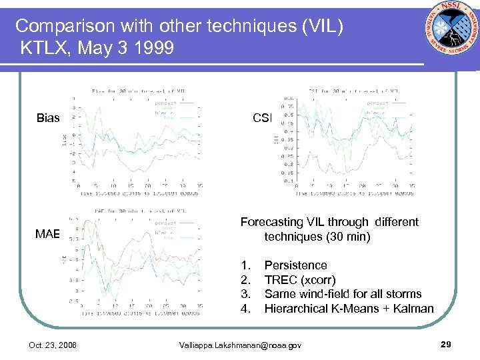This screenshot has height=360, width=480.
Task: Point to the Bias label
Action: pos(48,119)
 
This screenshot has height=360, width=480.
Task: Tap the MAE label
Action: pos(48,233)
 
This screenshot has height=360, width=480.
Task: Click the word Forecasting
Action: pos(274,222)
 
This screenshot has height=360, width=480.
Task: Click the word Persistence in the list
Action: pos(295,265)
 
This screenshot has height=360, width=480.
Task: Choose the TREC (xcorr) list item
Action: pos(300,280)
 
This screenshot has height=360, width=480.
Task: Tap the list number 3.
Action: pos(246,294)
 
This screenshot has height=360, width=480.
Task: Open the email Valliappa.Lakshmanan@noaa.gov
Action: pos(241,345)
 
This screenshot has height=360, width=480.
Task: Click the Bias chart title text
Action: pos(140,90)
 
